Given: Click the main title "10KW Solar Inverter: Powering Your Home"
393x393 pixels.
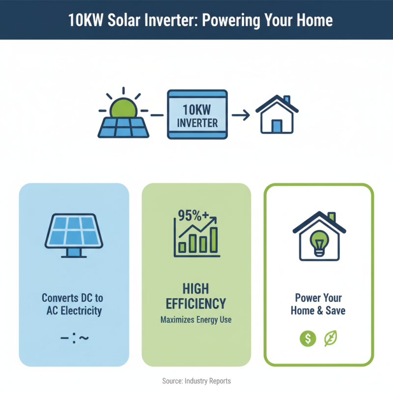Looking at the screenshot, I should point(196,20).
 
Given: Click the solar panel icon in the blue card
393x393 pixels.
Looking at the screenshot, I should point(74,233).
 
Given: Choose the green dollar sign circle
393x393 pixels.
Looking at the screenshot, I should point(308,338).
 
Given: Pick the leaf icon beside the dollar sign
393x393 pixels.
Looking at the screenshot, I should point(331,338).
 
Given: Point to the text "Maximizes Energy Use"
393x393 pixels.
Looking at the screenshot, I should point(196,320).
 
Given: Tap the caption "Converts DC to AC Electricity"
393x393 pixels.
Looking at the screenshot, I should point(72,304).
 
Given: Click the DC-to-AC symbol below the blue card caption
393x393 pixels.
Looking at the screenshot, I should point(74,338).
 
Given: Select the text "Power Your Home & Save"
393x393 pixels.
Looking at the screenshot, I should point(318,304).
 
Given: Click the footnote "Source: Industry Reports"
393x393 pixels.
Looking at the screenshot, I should point(196,381).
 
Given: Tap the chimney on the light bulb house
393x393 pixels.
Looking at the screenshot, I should point(332,217).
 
